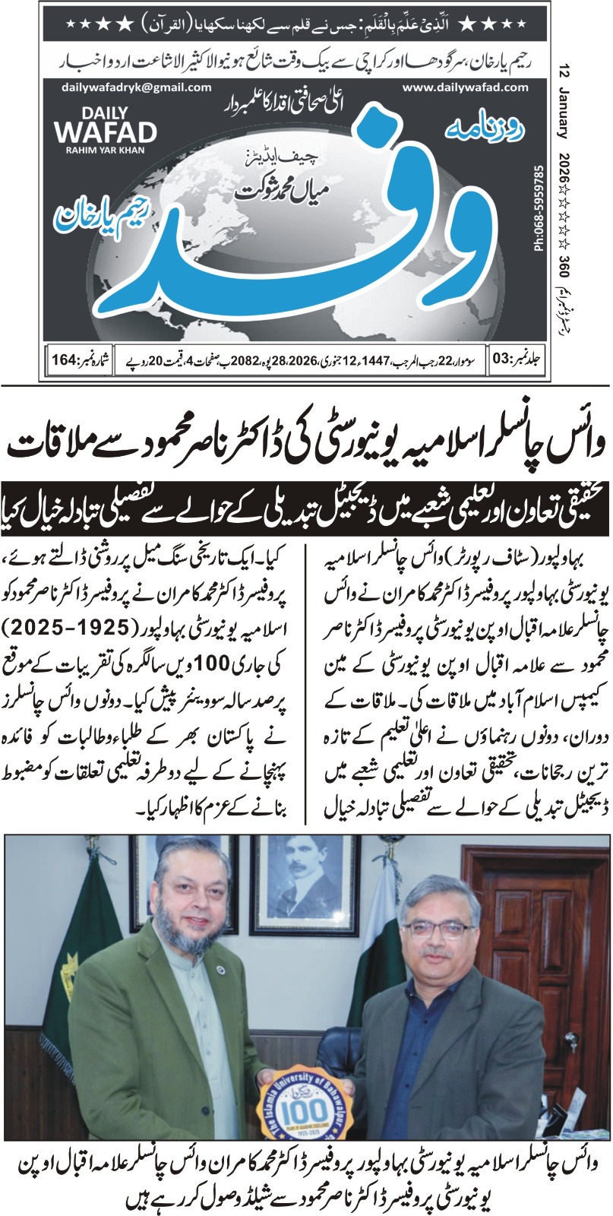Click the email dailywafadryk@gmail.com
click(137, 88)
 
